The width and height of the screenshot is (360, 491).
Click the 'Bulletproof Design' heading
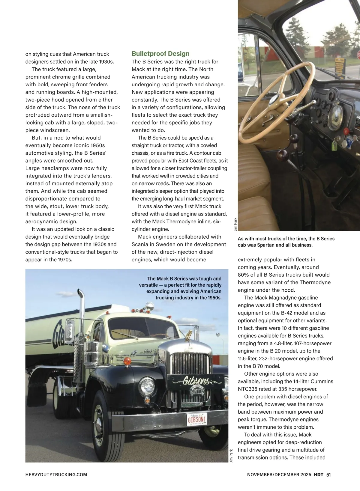[x=160, y=54]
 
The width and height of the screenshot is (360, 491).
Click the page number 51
[x=328, y=475]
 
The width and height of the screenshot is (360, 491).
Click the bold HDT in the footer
[x=318, y=475]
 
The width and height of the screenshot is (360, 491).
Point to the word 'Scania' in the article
[x=140, y=244]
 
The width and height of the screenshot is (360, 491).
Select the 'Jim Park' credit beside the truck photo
[x=231, y=455]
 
